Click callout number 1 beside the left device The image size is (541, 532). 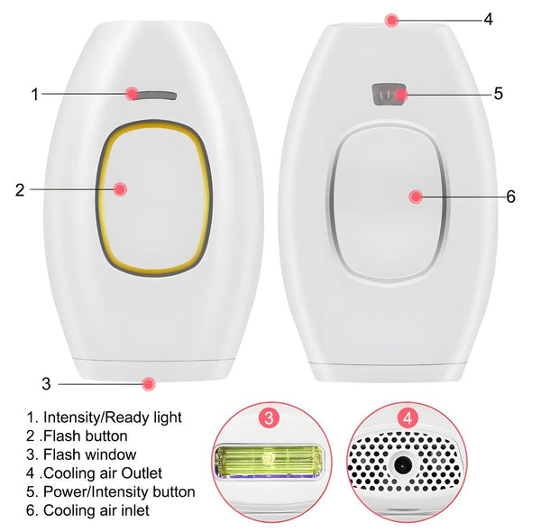point(35,94)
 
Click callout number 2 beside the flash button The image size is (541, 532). point(19,189)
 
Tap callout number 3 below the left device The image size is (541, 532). point(46,383)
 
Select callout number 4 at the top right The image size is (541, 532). point(488,18)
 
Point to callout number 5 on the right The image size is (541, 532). point(497,93)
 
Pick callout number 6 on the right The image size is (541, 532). point(510,197)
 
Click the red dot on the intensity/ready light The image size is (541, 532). point(133,93)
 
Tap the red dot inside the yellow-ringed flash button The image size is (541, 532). point(120,188)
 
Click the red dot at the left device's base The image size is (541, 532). point(148,383)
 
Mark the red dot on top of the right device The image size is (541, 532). point(390,19)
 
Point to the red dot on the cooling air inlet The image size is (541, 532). point(415,196)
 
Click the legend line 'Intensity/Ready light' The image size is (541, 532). point(104,417)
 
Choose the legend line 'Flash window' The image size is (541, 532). point(81,454)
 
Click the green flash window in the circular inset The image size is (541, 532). point(269,461)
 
